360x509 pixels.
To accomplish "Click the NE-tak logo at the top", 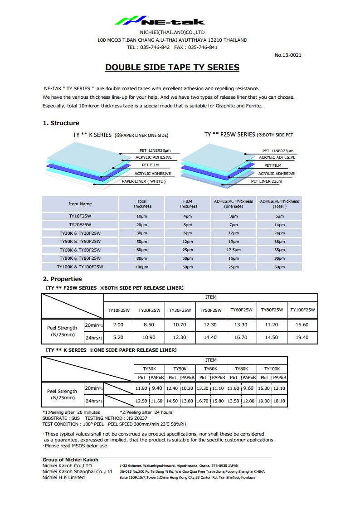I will [x=159, y=21].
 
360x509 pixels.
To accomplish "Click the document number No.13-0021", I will [x=288, y=55].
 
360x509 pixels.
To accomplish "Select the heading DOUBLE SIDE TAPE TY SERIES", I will [x=172, y=68].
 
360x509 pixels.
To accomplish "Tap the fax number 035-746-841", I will [x=203, y=47].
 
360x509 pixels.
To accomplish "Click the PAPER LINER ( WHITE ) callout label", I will [x=144, y=181].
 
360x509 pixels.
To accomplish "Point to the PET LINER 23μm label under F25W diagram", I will [x=267, y=181].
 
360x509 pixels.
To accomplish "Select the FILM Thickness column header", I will [x=188, y=204].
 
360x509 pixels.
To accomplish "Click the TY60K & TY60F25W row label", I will [x=80, y=250].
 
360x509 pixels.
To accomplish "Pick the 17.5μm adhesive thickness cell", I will [x=234, y=250].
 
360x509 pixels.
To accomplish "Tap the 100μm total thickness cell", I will [x=142, y=267].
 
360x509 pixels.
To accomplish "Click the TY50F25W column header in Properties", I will [x=211, y=310].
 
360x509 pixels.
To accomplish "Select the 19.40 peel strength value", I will [x=302, y=337].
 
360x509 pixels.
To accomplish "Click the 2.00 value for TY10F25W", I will [x=118, y=325].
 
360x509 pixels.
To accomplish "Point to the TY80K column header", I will [x=241, y=369].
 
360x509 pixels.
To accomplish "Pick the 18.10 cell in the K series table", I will [x=279, y=401].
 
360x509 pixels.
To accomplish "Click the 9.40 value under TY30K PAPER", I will [x=157, y=388].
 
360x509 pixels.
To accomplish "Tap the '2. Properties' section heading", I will [x=62, y=279].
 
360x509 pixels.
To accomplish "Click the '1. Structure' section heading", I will [x=61, y=123].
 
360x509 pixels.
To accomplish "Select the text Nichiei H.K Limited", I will [x=63, y=477].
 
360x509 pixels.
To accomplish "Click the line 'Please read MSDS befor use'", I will [x=76, y=446].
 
